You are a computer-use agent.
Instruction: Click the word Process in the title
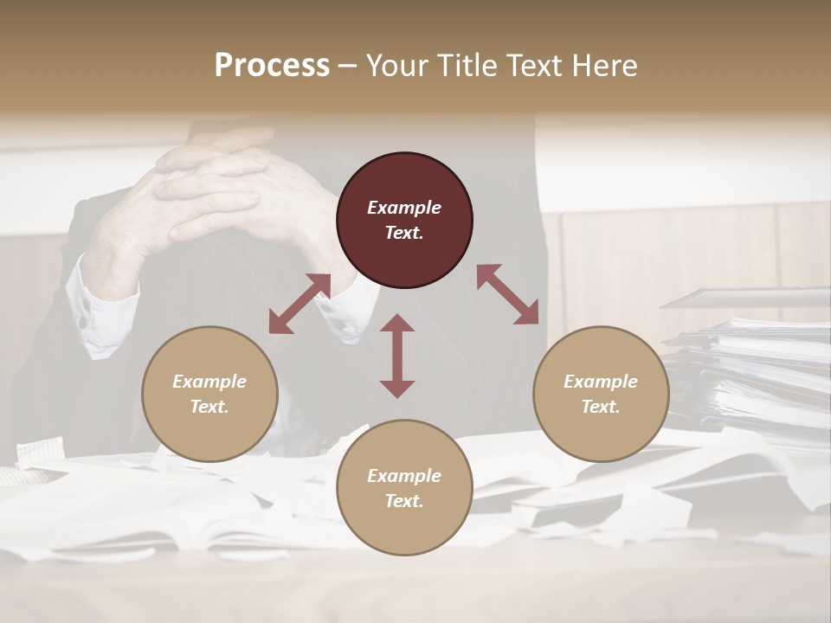[272, 66]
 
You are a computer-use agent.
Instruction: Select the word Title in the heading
[468, 66]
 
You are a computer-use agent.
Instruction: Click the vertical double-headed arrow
[397, 356]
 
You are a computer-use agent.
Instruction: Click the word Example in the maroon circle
[404, 208]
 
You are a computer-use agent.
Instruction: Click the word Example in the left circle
[209, 382]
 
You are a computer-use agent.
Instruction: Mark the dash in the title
[347, 66]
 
